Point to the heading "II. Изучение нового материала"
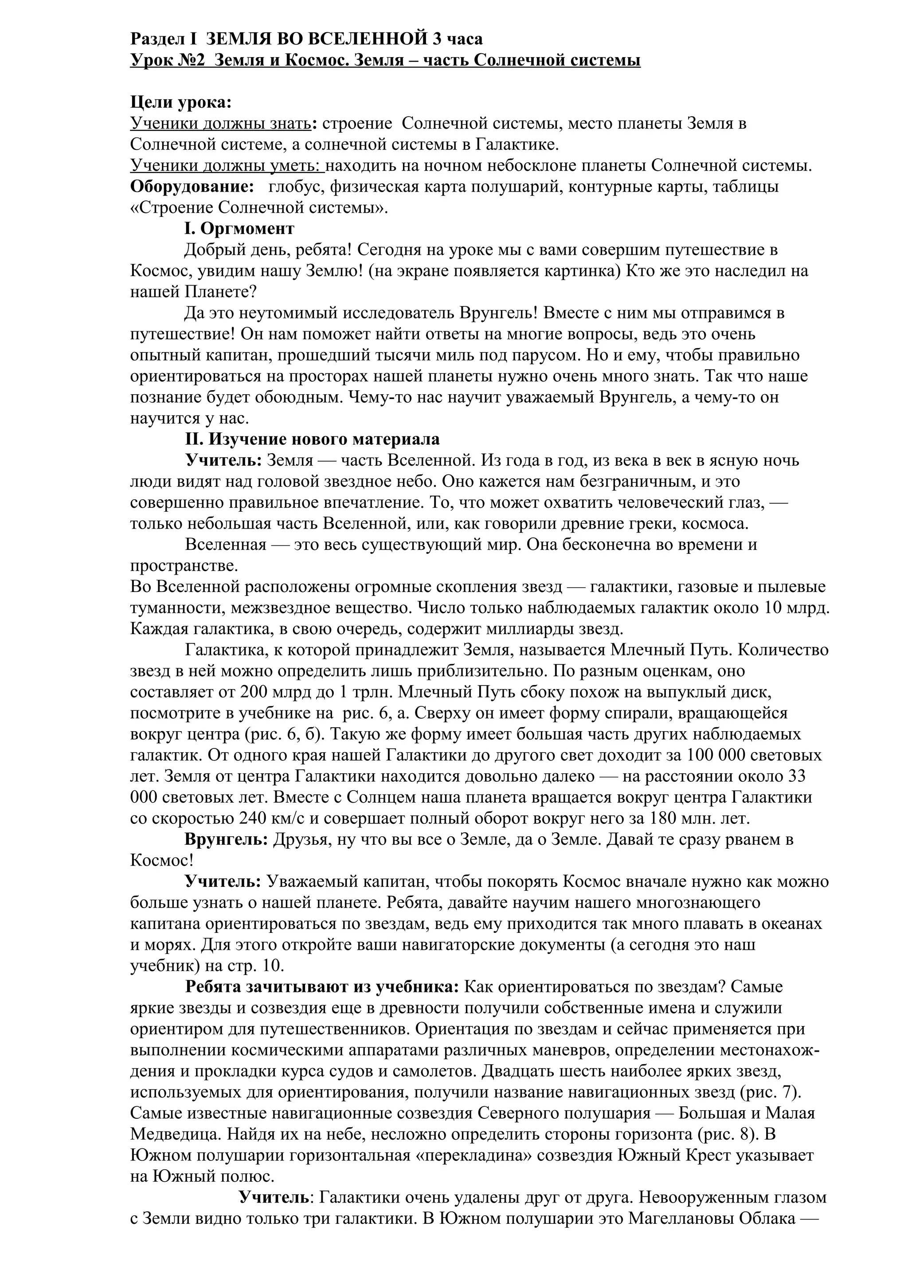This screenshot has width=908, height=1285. pyautogui.click(x=312, y=439)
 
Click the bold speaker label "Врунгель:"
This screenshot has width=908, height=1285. pyautogui.click(x=226, y=839)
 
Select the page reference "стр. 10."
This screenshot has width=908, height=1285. pyautogui.click(x=257, y=965)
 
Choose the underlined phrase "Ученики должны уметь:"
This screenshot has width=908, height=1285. pyautogui.click(x=227, y=166)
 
